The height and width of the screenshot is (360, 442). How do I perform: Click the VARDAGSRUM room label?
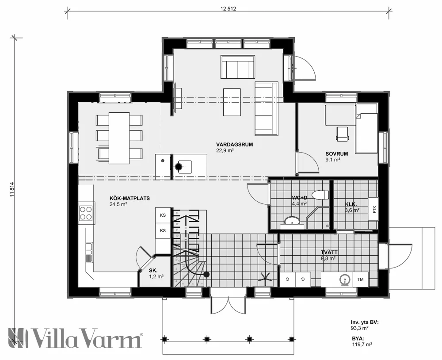point(231,144)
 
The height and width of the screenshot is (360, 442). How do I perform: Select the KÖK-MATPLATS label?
point(125,199)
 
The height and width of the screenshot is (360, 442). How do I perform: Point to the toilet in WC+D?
point(319,195)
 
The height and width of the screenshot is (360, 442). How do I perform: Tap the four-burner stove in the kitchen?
point(86,213)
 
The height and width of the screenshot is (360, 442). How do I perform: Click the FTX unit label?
point(374,209)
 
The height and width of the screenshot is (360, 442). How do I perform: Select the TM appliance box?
point(360,279)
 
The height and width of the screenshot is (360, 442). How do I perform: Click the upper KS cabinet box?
point(163,215)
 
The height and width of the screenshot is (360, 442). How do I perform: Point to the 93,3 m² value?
point(359,328)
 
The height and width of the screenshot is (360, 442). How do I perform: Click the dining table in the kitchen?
point(119,138)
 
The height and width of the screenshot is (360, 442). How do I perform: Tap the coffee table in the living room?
point(232,101)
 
